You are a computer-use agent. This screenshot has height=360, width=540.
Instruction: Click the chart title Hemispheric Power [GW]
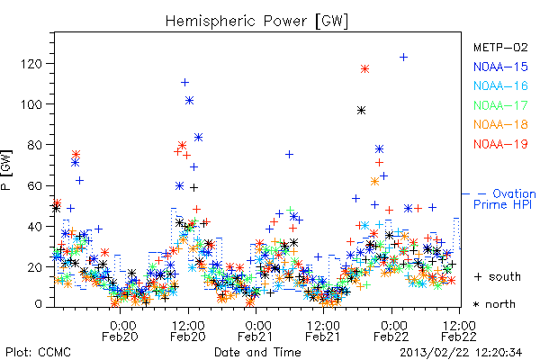tap(256, 22)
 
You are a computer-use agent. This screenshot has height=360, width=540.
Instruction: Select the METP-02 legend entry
tap(500, 47)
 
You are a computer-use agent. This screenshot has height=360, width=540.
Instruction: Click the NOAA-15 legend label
tap(500, 67)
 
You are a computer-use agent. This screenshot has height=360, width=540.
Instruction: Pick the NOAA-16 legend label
tap(500, 85)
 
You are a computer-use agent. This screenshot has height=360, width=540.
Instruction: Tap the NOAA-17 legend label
tap(500, 105)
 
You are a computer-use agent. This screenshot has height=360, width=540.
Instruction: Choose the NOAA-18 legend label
tap(500, 124)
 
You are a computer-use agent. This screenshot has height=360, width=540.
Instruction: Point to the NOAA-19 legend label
tap(500, 144)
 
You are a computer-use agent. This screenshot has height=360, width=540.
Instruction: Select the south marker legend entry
tap(498, 276)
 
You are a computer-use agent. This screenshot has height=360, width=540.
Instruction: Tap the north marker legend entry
tap(494, 304)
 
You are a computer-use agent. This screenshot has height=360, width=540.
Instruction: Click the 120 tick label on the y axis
tap(31, 64)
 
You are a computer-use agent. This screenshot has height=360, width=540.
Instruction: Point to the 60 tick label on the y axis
tap(35, 185)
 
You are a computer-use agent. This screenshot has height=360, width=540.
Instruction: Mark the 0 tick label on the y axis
tap(38, 304)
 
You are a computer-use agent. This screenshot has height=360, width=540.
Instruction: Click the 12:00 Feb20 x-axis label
tap(188, 331)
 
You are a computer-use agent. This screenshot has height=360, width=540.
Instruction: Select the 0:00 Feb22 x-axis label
tap(391, 331)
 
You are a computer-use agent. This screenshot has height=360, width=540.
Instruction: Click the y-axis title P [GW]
tap(6, 170)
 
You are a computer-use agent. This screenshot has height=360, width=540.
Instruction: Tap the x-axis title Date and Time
tap(257, 352)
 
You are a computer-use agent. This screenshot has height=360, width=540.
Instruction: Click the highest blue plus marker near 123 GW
tap(403, 57)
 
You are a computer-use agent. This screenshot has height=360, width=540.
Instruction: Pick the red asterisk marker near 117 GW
tap(365, 69)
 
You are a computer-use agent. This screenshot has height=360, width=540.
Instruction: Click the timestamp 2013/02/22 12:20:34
tap(461, 353)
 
